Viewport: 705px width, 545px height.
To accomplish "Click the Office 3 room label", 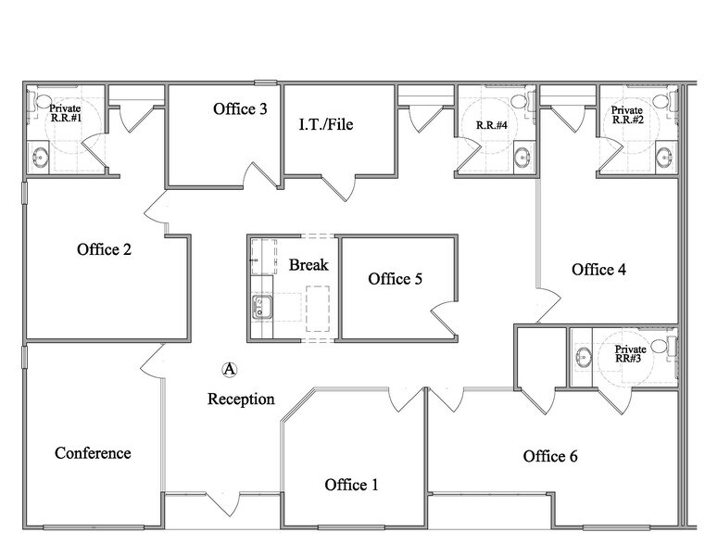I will click(240, 109).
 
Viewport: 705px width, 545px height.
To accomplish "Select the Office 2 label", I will click(105, 249).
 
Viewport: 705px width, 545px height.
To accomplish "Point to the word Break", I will click(308, 265).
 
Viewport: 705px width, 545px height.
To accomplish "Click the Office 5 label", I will click(396, 279).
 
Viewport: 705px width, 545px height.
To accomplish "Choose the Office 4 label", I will click(598, 270).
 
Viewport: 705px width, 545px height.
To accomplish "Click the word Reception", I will click(241, 399).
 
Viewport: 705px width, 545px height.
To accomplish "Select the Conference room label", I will click(93, 453).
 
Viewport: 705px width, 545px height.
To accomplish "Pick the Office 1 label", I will click(352, 485).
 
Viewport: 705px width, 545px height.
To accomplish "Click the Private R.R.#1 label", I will click(65, 113).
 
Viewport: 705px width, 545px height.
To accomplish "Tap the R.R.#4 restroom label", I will click(491, 125).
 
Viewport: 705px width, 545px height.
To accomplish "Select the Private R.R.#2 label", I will click(626, 114).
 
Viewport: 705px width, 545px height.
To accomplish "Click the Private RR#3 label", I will click(630, 354).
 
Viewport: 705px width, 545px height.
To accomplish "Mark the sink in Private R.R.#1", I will click(41, 158).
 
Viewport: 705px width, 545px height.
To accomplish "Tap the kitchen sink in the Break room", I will click(260, 306).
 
